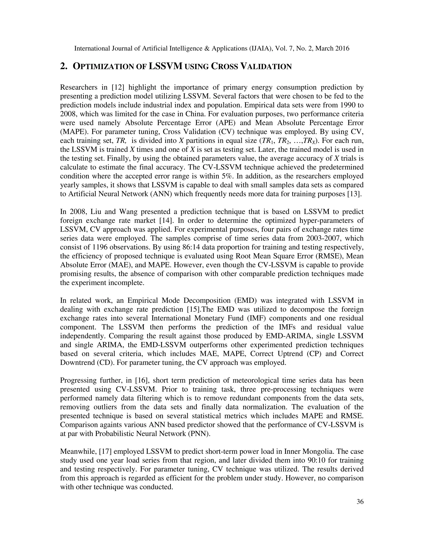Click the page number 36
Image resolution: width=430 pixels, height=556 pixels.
[360, 501]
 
